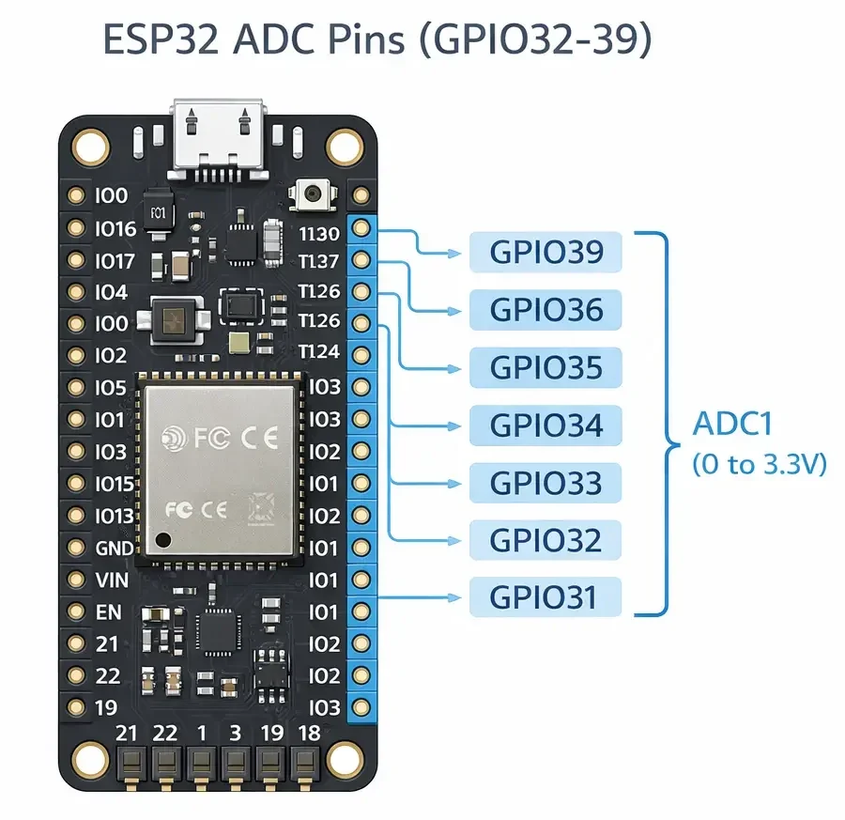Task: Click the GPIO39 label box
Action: click(545, 251)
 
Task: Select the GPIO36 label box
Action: click(545, 309)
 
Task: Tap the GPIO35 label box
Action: click(545, 367)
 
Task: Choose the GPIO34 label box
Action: click(545, 425)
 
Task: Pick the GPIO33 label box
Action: click(545, 483)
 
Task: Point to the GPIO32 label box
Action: click(545, 540)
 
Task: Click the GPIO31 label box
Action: click(545, 597)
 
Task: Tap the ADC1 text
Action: click(731, 425)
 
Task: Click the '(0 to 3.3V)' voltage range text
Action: click(759, 464)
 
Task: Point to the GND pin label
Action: click(115, 549)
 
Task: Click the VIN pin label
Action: click(113, 580)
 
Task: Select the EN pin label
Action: click(109, 612)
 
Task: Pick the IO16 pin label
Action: click(115, 228)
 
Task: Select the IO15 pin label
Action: click(115, 485)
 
